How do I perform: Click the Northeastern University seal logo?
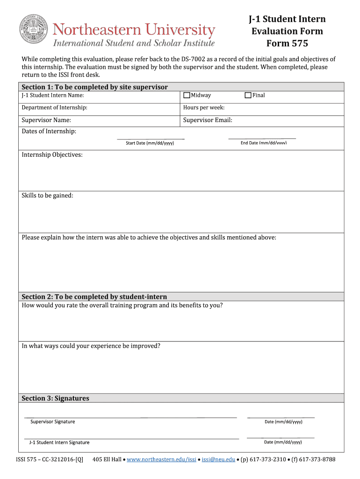pyautogui.click(x=33, y=30)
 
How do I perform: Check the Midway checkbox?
pyautogui.click(x=187, y=95)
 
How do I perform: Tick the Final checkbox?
pyautogui.click(x=248, y=95)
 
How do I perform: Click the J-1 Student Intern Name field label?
pyautogui.click(x=53, y=95)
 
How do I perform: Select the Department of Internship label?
pyautogui.click(x=54, y=108)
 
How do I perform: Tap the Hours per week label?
pyautogui.click(x=204, y=108)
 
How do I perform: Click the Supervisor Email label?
pyautogui.click(x=208, y=120)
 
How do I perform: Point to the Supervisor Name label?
pyautogui.click(x=46, y=120)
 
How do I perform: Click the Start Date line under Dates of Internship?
pyautogui.click(x=150, y=138)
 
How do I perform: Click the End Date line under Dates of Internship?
pyautogui.click(x=262, y=138)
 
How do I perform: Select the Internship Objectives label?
pyautogui.click(x=52, y=155)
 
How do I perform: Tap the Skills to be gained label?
pyautogui.click(x=47, y=196)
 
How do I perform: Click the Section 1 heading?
pyautogui.click(x=94, y=87)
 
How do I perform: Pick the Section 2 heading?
pyautogui.click(x=94, y=297)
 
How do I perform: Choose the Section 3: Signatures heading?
pyautogui.click(x=55, y=399)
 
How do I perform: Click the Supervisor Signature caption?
pyautogui.click(x=52, y=422)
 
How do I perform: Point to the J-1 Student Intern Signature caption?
pyautogui.click(x=59, y=443)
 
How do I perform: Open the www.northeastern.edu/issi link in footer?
pyautogui.click(x=161, y=459)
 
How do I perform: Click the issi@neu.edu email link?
pyautogui.click(x=218, y=459)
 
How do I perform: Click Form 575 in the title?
pyautogui.click(x=287, y=44)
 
